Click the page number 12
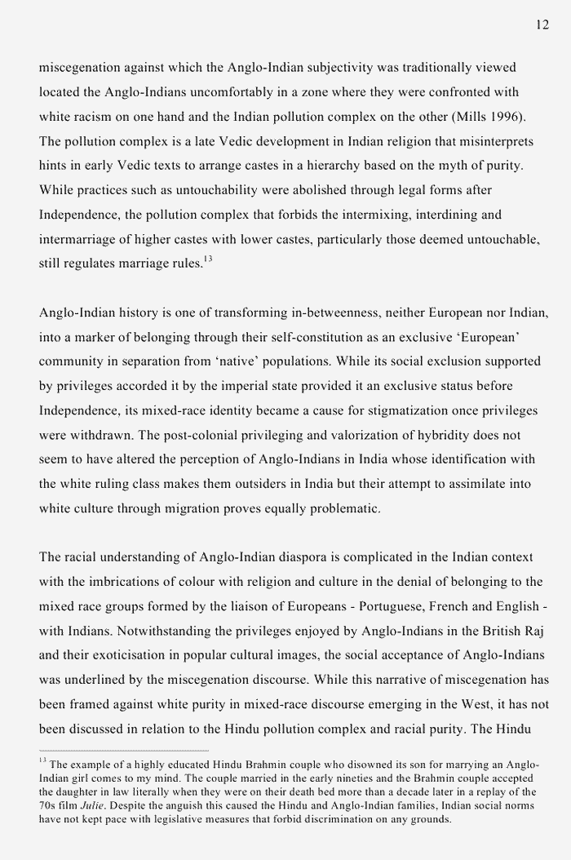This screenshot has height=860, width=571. point(542,25)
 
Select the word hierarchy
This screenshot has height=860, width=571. point(347,166)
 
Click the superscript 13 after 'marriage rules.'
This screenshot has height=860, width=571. point(208,259)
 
